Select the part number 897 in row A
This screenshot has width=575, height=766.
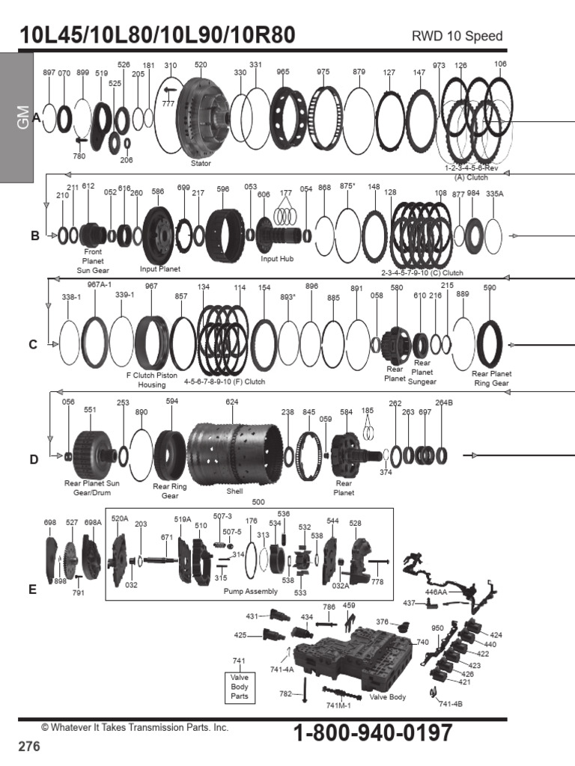point(49,73)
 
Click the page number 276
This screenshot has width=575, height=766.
point(28,747)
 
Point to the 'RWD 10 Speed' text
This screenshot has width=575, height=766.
point(457,37)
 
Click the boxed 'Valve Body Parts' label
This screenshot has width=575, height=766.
point(240,687)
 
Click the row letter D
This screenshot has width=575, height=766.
point(34,459)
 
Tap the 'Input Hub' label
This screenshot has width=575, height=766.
point(278,260)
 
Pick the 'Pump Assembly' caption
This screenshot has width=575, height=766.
point(251,591)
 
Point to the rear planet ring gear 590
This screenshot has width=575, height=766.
point(491,343)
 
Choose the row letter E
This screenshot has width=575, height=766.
point(32,589)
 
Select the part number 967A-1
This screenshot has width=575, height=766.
point(99,285)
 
